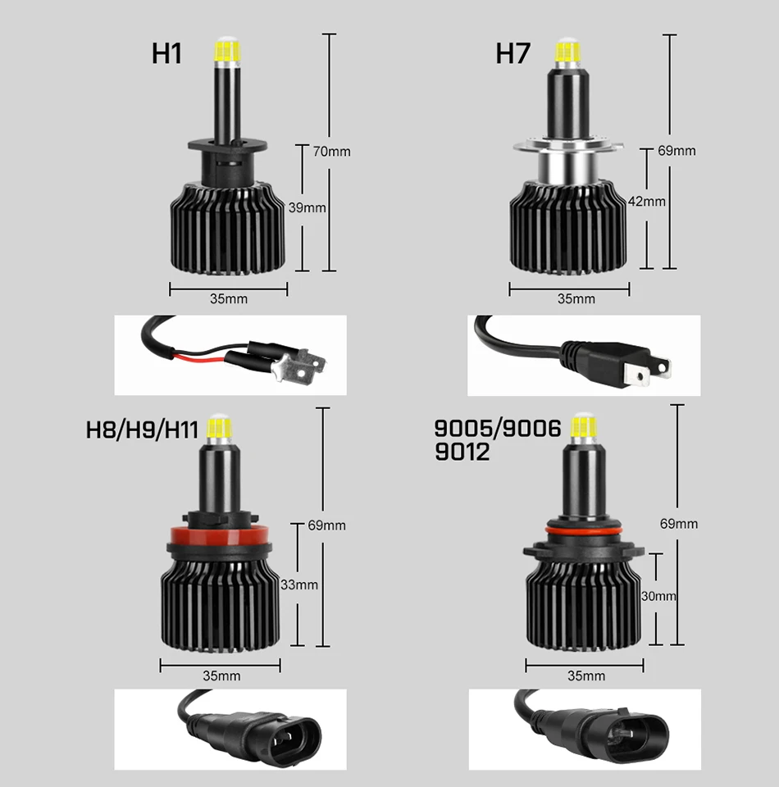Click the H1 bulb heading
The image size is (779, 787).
[x=166, y=53]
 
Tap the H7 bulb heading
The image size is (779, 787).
[x=513, y=53]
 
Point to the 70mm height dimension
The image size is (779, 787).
[x=332, y=151]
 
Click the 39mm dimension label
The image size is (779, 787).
[x=307, y=207]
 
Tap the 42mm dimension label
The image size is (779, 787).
[x=647, y=201]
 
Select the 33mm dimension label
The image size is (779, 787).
[x=299, y=585]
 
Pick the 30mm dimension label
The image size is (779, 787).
[x=659, y=596]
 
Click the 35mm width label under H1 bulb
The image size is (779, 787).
[x=228, y=298]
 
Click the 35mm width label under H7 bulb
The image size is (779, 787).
[x=576, y=298]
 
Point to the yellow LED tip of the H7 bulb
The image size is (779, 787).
[x=565, y=52]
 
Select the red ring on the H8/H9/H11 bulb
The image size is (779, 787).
[x=221, y=538]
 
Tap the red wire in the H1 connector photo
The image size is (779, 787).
[x=201, y=358]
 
